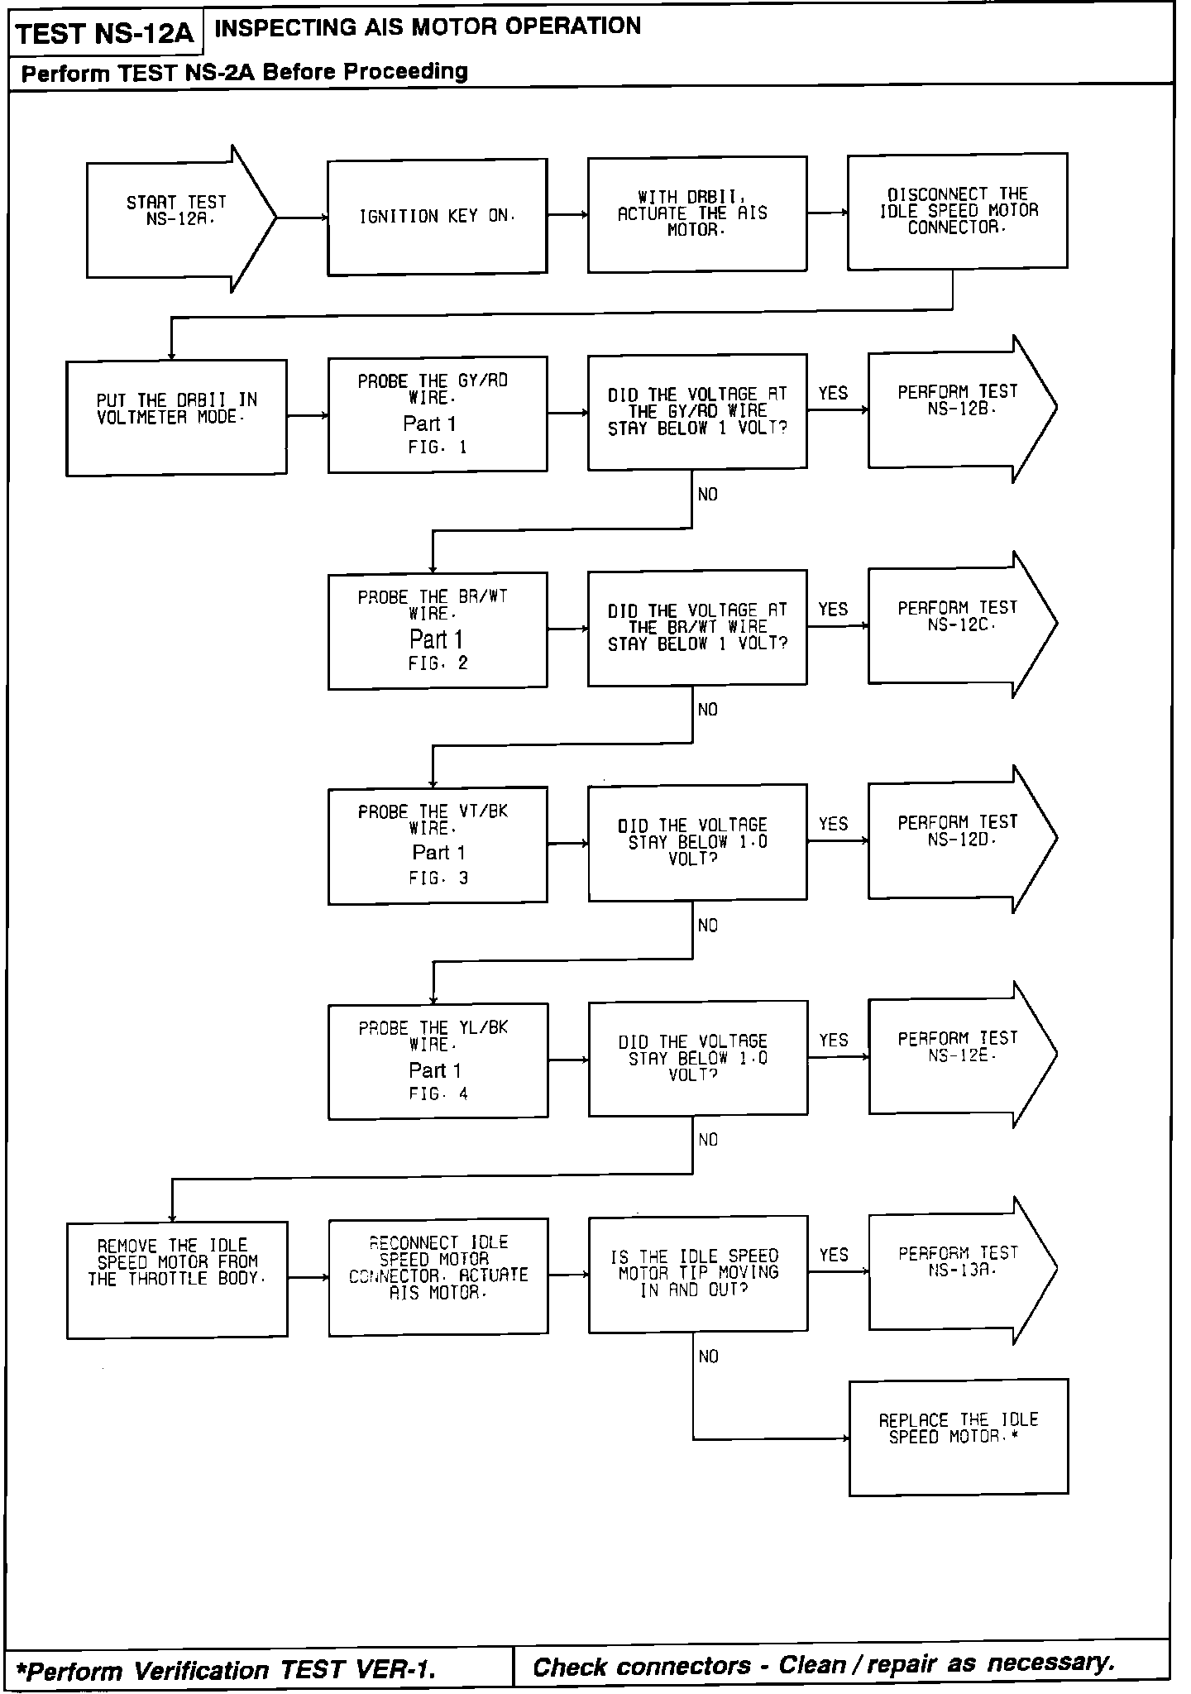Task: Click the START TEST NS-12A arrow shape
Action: (x=177, y=218)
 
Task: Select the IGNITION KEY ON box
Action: (x=437, y=217)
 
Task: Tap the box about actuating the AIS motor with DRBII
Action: (x=696, y=214)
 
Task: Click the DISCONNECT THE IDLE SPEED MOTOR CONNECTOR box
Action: (x=957, y=212)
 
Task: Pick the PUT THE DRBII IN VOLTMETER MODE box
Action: (x=176, y=417)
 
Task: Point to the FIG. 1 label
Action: (x=438, y=447)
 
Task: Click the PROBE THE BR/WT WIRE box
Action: (x=438, y=630)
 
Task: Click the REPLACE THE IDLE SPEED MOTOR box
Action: (x=958, y=1437)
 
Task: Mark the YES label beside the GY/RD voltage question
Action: (x=833, y=394)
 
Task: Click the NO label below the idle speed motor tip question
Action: (x=708, y=1357)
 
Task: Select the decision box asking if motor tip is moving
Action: (x=697, y=1274)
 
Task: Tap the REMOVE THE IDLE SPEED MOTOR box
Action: (x=177, y=1279)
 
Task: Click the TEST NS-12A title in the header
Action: (x=104, y=34)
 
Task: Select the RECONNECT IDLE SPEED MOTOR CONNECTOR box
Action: (x=438, y=1276)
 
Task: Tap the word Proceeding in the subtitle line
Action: (x=406, y=72)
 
